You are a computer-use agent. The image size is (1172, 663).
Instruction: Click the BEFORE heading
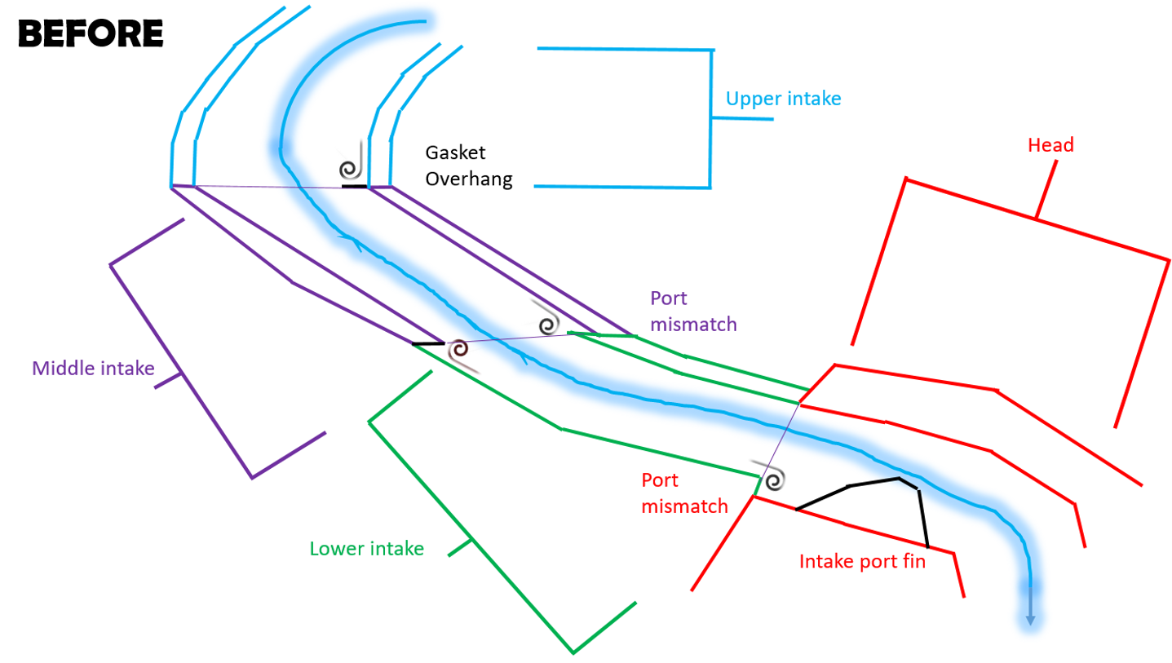pyautogui.click(x=91, y=33)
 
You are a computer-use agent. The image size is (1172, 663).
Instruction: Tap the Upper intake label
pyautogui.click(x=783, y=99)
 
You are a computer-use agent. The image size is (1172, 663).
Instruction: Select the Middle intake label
pyautogui.click(x=93, y=369)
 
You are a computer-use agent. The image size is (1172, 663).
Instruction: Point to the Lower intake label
pyautogui.click(x=366, y=549)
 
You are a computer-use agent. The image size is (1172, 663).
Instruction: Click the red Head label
pyautogui.click(x=1050, y=145)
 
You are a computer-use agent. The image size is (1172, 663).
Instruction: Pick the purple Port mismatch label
pyautogui.click(x=693, y=311)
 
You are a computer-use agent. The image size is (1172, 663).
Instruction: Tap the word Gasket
pyautogui.click(x=455, y=152)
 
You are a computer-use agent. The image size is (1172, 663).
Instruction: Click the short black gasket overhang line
pyautogui.click(x=354, y=187)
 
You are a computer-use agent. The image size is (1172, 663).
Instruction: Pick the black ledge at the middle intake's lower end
pyautogui.click(x=427, y=344)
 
